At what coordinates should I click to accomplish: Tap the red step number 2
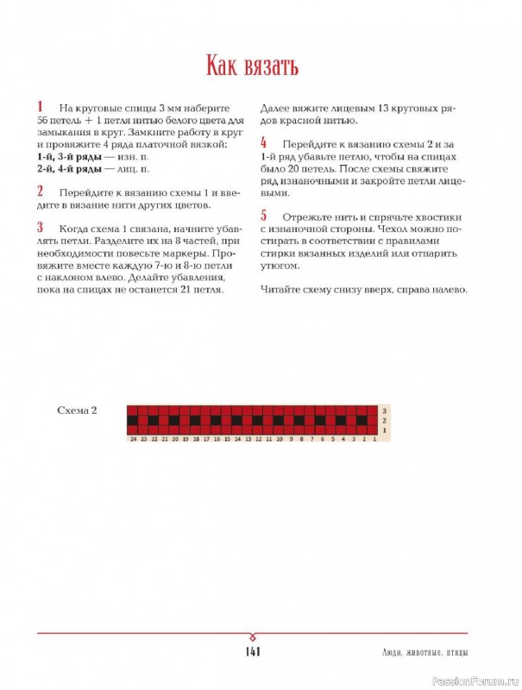point(40,191)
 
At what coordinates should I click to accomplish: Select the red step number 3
point(40,228)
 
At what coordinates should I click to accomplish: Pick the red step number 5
point(263,216)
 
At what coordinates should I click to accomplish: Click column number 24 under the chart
point(133,439)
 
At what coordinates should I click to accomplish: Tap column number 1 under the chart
point(373,439)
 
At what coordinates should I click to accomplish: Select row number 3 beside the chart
point(384,411)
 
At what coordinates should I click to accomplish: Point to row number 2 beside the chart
point(384,420)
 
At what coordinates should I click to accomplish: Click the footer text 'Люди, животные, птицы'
point(427,651)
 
